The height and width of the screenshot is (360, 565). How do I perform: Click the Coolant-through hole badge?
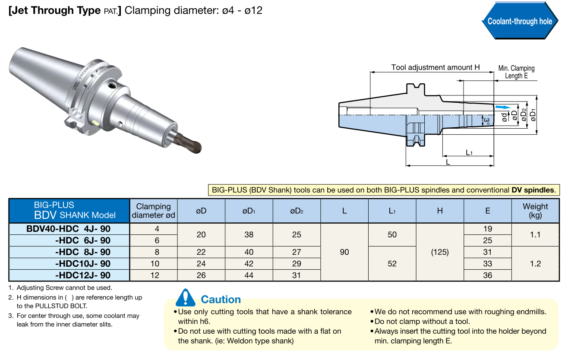tap(520, 21)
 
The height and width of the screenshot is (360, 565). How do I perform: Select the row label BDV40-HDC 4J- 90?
tap(69, 229)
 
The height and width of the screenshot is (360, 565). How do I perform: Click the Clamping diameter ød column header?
tap(154, 211)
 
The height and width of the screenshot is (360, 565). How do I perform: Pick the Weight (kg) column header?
tap(535, 211)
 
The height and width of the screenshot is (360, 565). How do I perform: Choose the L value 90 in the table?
tap(344, 252)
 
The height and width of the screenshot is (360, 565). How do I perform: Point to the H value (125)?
tap(440, 252)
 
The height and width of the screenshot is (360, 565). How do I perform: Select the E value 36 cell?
tap(488, 275)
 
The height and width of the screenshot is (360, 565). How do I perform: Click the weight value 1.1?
tap(535, 234)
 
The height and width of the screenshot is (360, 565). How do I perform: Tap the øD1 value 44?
tap(249, 275)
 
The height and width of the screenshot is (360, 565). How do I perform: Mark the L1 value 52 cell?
tap(392, 263)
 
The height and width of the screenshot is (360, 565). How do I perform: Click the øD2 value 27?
tap(297, 252)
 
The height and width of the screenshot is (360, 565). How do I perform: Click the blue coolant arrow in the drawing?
tap(502, 107)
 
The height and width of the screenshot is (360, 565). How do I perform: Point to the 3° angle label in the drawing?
tap(486, 121)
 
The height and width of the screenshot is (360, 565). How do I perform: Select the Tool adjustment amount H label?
tap(435, 67)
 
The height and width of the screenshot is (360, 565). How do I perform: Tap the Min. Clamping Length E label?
tap(516, 72)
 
